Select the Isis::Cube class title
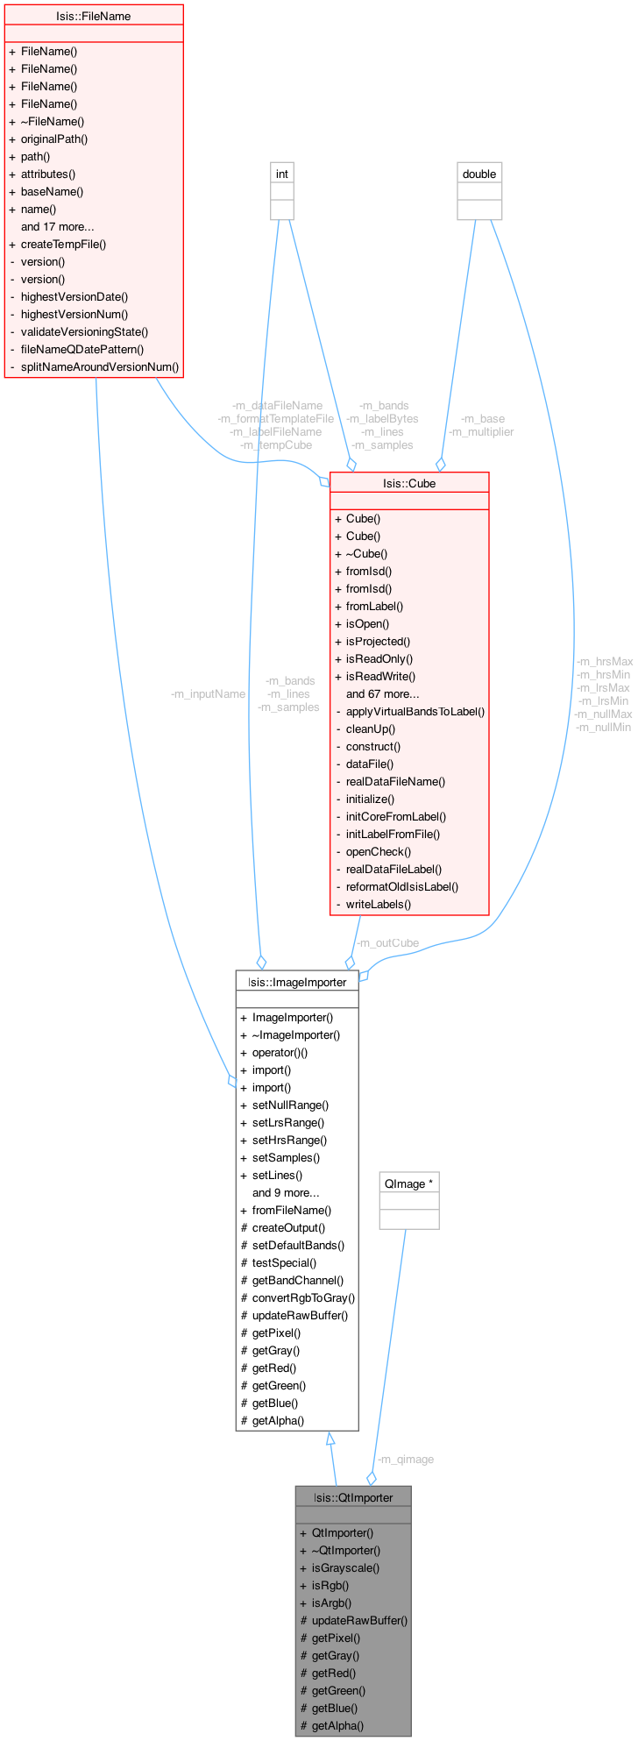(x=409, y=483)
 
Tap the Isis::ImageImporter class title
(x=297, y=982)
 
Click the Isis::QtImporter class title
(x=353, y=1497)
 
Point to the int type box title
(x=282, y=174)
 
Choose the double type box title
(x=479, y=174)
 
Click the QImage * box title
(x=409, y=1183)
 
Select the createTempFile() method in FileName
(x=63, y=244)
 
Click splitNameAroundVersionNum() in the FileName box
(x=100, y=366)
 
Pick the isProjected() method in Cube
(x=378, y=641)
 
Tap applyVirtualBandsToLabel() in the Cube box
(x=415, y=711)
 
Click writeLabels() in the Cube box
(x=378, y=904)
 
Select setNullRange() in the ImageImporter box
(x=290, y=1105)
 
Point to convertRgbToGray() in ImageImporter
(x=303, y=1297)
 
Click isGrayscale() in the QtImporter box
(x=345, y=1567)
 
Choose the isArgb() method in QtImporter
(x=331, y=1602)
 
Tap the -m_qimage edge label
(x=405, y=1459)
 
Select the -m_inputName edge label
(x=208, y=693)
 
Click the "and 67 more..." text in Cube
(x=382, y=693)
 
